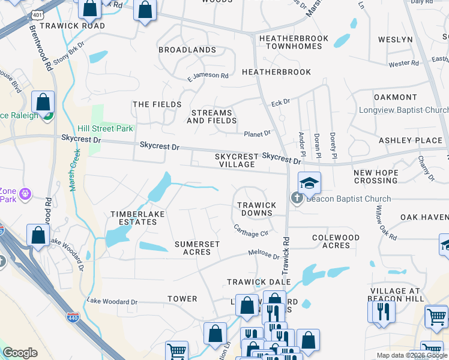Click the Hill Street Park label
click(105, 128)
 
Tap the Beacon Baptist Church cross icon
click(297, 199)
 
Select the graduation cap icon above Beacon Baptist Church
click(309, 183)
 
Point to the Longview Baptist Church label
click(403, 110)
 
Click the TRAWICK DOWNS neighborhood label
click(257, 209)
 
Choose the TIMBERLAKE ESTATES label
click(133, 218)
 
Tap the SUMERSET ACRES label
click(197, 248)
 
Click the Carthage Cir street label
click(250, 229)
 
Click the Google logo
click(20, 353)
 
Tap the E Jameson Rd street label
click(208, 76)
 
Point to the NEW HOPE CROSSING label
click(376, 176)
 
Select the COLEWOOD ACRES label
click(336, 241)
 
